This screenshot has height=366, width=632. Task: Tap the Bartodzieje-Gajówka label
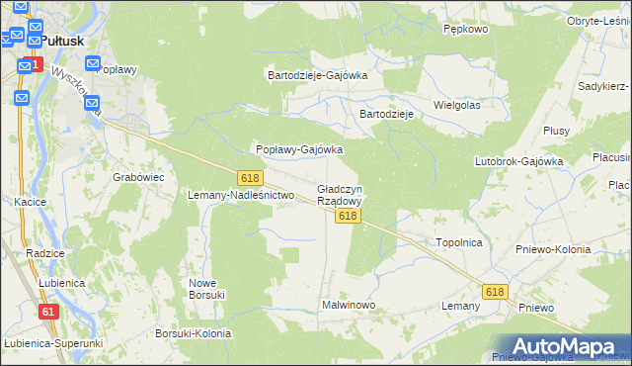[x=318, y=74]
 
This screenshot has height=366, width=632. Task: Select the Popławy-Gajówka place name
[x=299, y=149]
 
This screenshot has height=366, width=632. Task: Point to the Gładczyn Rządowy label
[x=340, y=194]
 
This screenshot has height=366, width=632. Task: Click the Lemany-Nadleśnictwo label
[x=242, y=195]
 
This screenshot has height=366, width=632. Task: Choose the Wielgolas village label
[x=456, y=104]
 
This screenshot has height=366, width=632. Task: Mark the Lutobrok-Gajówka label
[x=518, y=160]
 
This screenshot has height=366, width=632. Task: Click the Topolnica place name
[x=458, y=241]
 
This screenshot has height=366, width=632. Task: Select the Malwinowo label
[x=349, y=305]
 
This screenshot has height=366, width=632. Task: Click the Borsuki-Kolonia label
[x=194, y=333]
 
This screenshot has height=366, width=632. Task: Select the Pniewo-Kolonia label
[x=553, y=249]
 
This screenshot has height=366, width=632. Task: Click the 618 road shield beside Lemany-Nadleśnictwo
[x=250, y=177]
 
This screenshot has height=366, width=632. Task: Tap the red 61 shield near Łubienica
[x=48, y=312]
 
